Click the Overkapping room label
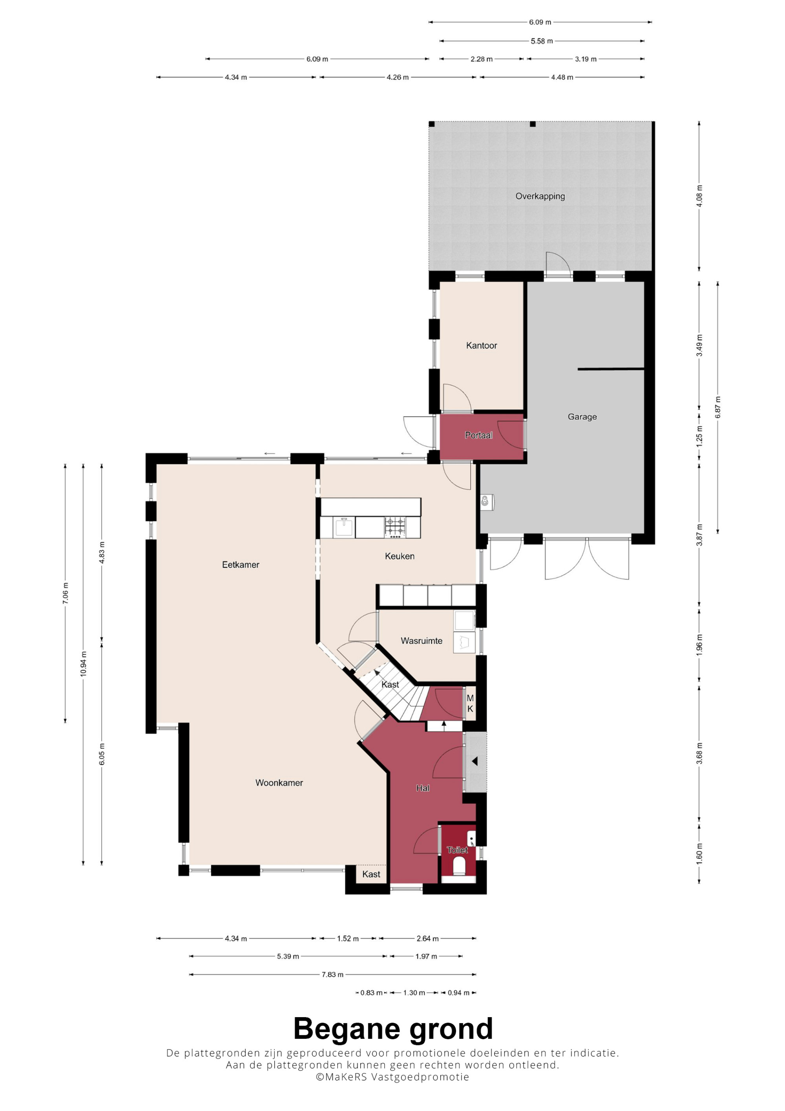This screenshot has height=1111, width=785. [540, 196]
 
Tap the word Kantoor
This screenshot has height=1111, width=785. [481, 345]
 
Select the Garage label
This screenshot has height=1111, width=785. [582, 417]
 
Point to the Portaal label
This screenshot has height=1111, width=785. [478, 435]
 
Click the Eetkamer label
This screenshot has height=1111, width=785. [240, 564]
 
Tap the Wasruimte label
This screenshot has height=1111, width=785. [421, 640]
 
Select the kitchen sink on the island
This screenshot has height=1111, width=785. [344, 527]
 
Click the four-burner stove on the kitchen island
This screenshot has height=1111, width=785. [395, 527]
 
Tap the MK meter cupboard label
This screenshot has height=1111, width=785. [470, 704]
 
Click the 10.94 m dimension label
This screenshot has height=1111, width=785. [83, 664]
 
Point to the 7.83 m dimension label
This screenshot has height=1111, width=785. [332, 974]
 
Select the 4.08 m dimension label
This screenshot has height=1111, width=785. [699, 196]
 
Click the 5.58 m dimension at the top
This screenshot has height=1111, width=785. [541, 41]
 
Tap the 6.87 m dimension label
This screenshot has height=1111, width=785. [718, 407]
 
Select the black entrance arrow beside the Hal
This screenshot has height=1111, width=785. [475, 761]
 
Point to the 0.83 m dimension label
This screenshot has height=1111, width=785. [371, 992]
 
